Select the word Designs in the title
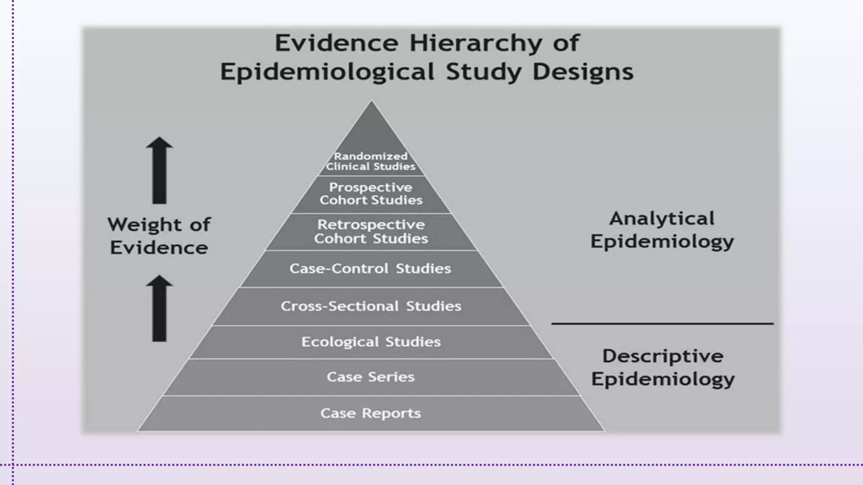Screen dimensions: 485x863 (x=583, y=72)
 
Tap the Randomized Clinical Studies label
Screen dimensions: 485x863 (x=371, y=161)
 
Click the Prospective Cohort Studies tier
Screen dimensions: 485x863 (x=371, y=194)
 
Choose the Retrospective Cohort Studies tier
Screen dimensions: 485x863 (x=371, y=232)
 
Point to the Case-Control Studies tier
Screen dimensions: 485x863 (x=370, y=269)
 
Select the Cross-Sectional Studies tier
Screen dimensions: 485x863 (x=371, y=306)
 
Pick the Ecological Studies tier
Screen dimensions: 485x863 (x=371, y=342)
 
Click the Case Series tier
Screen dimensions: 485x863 (x=371, y=377)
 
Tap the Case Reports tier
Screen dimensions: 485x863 (x=371, y=413)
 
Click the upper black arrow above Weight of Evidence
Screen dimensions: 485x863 (x=159, y=171)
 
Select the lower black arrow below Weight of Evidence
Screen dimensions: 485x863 (x=159, y=308)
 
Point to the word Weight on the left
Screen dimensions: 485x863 (x=145, y=225)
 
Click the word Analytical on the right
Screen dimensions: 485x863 (x=662, y=219)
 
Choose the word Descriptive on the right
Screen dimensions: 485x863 (x=663, y=356)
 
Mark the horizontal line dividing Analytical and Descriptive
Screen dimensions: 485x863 (x=662, y=323)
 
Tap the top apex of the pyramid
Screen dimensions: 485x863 (x=371, y=103)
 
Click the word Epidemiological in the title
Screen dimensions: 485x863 (x=327, y=72)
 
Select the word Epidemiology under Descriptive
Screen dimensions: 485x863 (x=663, y=379)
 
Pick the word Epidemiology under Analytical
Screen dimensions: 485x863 (x=662, y=242)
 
